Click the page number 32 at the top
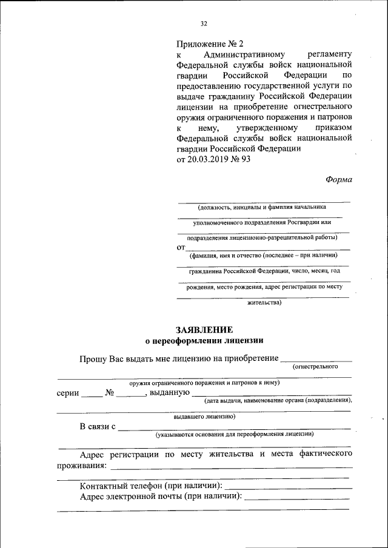pyautogui.click(x=204, y=24)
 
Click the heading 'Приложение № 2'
pyautogui.click(x=209, y=44)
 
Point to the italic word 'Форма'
pyautogui.click(x=339, y=179)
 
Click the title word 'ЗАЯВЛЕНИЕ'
pyautogui.click(x=204, y=330)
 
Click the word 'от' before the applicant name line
pyautogui.click(x=181, y=247)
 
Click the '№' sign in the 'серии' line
pyautogui.click(x=110, y=392)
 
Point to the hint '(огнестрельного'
pyautogui.click(x=315, y=367)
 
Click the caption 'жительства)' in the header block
pyautogui.click(x=264, y=302)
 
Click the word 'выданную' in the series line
pyautogui.click(x=168, y=393)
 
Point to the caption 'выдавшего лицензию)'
pyautogui.click(x=204, y=417)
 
